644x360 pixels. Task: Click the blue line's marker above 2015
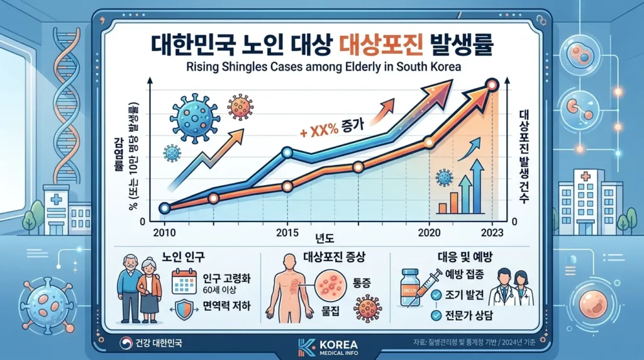(287, 152)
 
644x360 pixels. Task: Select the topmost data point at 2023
(492, 84)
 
